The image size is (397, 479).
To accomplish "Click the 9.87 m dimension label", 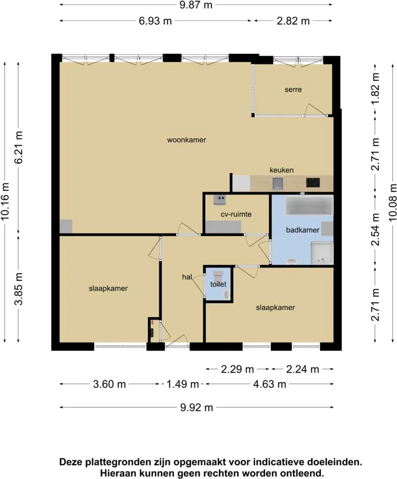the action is (x=196, y=5).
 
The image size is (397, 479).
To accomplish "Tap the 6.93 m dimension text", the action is (x=155, y=21).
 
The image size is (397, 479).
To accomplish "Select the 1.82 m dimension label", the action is (x=375, y=88).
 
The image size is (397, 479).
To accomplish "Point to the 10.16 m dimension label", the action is (x=5, y=201).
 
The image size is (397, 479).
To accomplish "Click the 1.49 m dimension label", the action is (x=182, y=384).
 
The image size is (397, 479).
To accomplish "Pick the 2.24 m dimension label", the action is (x=303, y=369).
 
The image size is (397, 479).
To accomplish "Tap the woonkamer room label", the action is (x=186, y=140).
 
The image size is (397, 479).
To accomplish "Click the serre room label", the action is (x=293, y=90).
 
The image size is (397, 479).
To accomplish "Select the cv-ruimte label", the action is (x=236, y=214).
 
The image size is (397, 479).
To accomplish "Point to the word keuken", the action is (x=282, y=170).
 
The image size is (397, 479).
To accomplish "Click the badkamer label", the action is (x=303, y=230).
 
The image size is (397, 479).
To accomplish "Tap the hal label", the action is (x=187, y=277).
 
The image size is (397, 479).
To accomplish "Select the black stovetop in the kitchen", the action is (x=313, y=183).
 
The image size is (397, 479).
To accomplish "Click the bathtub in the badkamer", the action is (x=309, y=206).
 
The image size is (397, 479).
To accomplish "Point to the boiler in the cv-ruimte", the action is (x=220, y=200).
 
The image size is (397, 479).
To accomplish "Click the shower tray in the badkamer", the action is (x=322, y=253).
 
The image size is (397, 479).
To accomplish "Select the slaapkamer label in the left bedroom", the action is (x=108, y=288).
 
